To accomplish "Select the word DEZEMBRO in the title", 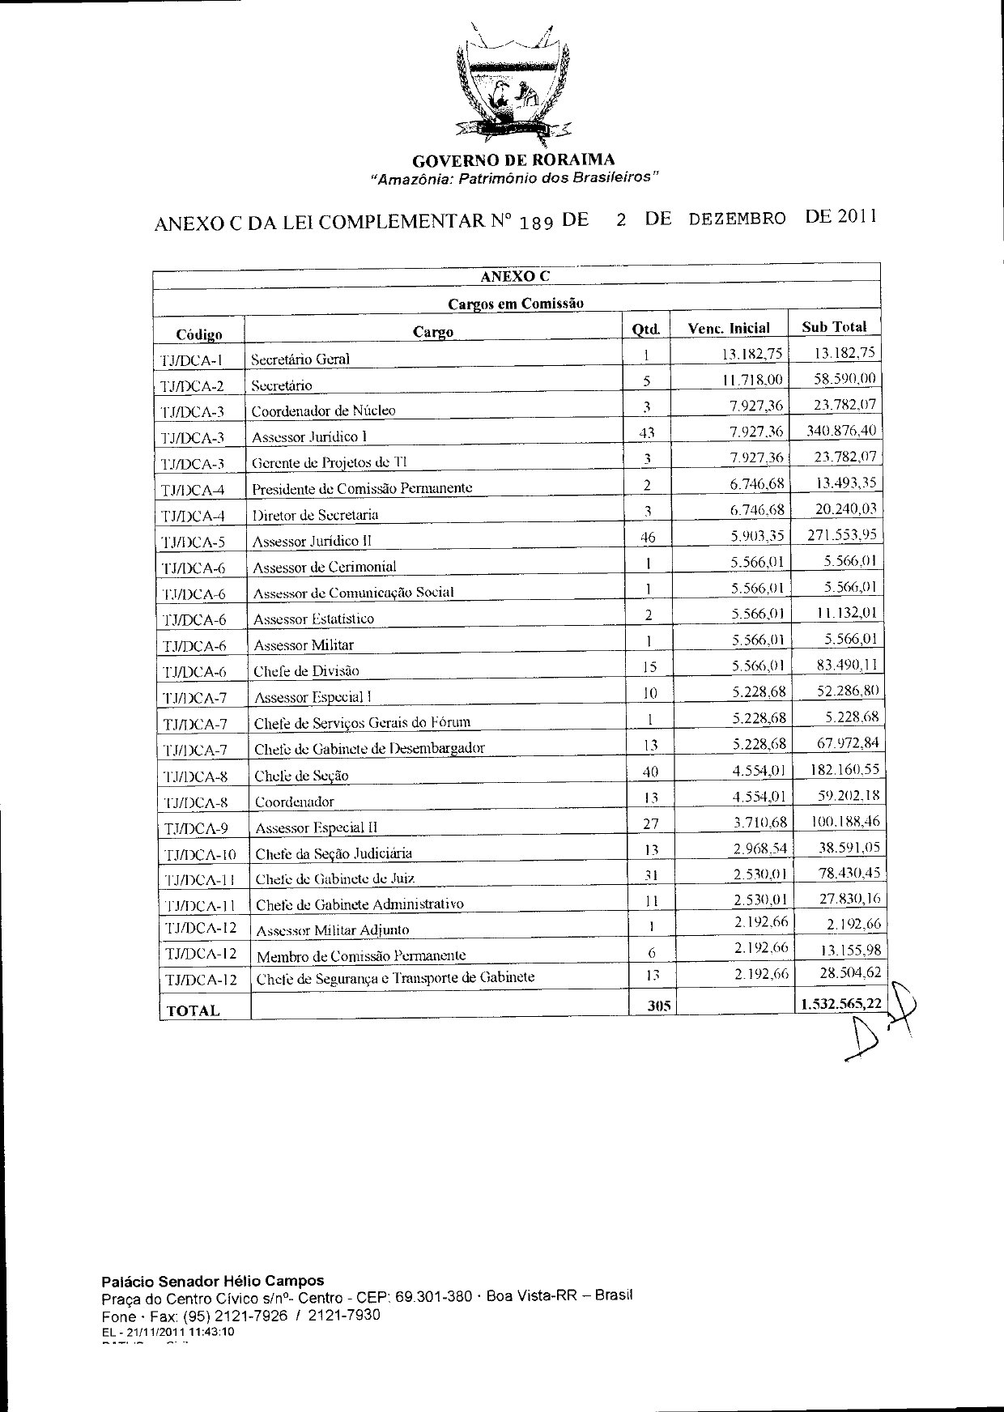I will (x=737, y=219).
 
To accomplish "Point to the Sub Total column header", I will (x=834, y=327).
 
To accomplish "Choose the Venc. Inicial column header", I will (x=729, y=328).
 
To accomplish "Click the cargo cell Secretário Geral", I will (x=300, y=359).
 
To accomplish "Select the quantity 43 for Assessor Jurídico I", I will (x=646, y=433).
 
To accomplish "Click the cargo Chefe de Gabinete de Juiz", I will (x=335, y=878).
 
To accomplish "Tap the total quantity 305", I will (x=660, y=1006).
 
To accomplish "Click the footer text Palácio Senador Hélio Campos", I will (x=212, y=1280).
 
